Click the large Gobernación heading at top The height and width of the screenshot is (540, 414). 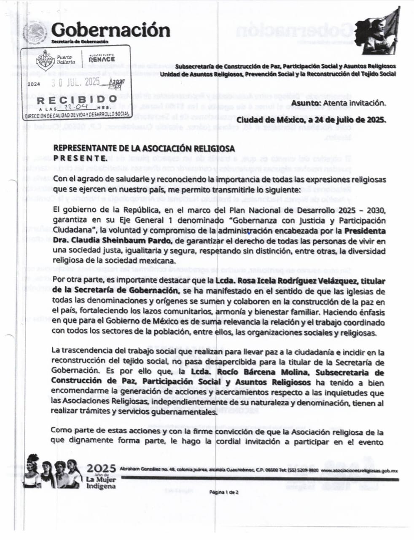(110, 30)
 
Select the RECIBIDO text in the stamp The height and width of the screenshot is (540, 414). (77, 100)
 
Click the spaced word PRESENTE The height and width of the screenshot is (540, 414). (79, 158)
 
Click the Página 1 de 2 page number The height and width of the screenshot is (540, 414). (224, 492)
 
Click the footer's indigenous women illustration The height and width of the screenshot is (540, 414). (53, 471)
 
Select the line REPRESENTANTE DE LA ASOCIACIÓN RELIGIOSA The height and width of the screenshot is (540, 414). (144, 148)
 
